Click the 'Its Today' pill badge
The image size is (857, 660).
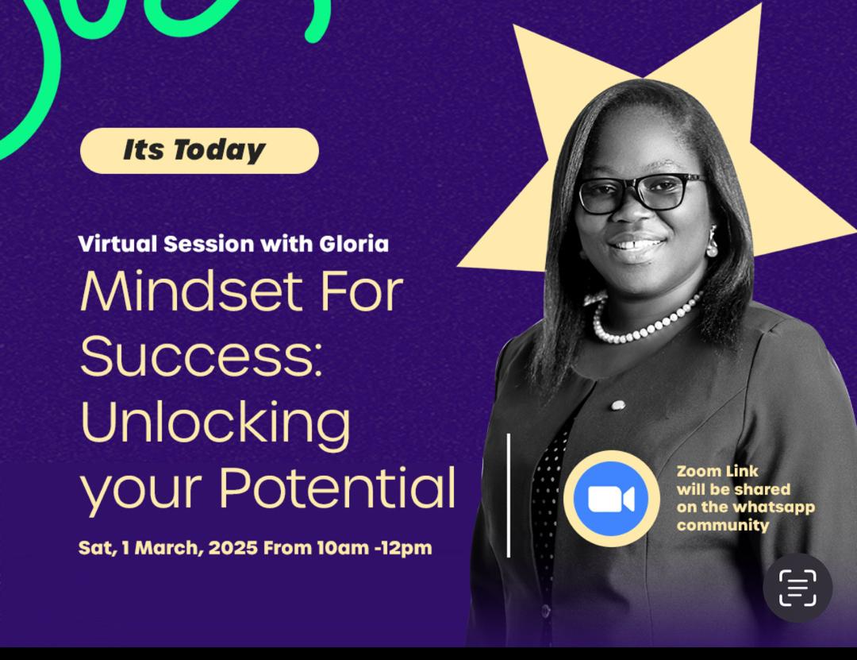tap(199, 150)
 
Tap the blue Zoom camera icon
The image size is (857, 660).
tap(611, 499)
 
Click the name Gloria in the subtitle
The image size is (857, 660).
tap(354, 244)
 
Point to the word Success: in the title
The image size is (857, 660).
tap(201, 357)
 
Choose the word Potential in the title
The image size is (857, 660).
tap(337, 488)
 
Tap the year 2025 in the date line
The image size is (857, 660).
tap(233, 548)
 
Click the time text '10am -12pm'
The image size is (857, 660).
tap(375, 548)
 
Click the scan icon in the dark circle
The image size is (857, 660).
tap(797, 588)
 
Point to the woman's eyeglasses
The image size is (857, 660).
tap(640, 193)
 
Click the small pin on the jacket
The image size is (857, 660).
tap(618, 405)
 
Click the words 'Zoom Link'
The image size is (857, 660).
tap(717, 471)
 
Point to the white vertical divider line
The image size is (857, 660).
tap(509, 496)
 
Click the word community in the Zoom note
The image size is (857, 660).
tap(723, 525)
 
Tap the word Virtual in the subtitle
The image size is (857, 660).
tap(118, 244)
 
